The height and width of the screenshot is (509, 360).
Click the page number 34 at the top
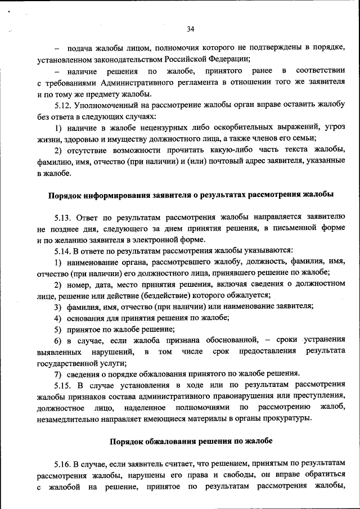coord(190,29)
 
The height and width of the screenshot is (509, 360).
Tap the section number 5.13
coord(64,217)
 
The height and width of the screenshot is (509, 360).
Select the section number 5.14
coord(64,250)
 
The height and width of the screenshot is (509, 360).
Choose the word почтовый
coord(213,162)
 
